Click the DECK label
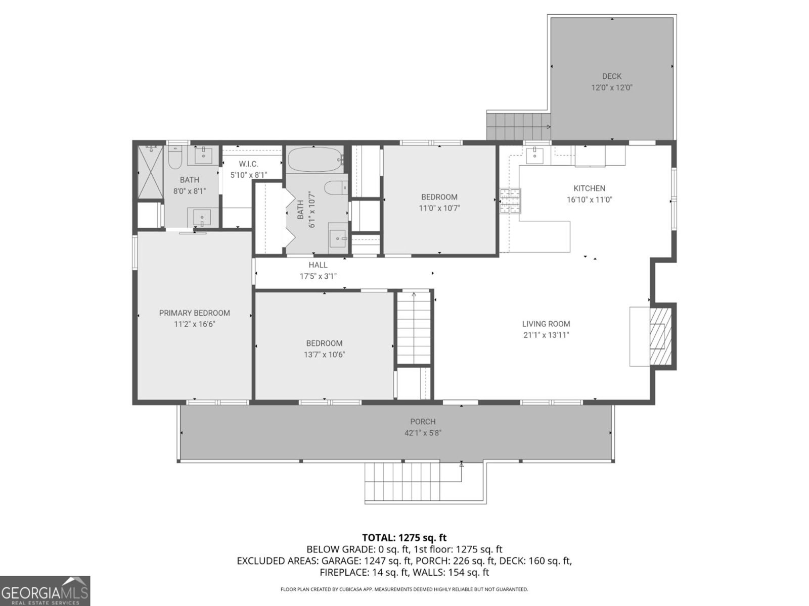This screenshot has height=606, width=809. coord(612,76)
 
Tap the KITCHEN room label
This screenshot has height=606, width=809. coord(589,188)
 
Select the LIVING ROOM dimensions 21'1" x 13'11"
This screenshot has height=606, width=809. coord(546,335)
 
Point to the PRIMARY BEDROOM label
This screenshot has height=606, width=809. coord(194,313)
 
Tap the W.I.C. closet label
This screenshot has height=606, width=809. coord(248,164)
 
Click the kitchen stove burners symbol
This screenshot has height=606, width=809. coord(510,201)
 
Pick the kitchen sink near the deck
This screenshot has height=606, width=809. coord(534,156)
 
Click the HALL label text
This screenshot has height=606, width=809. coord(318,265)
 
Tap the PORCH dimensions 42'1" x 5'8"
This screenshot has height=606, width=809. coord(423,433)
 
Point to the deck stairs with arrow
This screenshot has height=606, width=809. coord(518,127)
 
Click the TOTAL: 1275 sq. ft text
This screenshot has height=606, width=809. coord(404,538)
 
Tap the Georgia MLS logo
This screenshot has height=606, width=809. coord(45,590)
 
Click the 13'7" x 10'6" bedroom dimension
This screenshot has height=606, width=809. coord(324,355)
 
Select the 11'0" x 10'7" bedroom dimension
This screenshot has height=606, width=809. coord(439,208)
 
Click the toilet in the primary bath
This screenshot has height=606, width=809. coord(175,159)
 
